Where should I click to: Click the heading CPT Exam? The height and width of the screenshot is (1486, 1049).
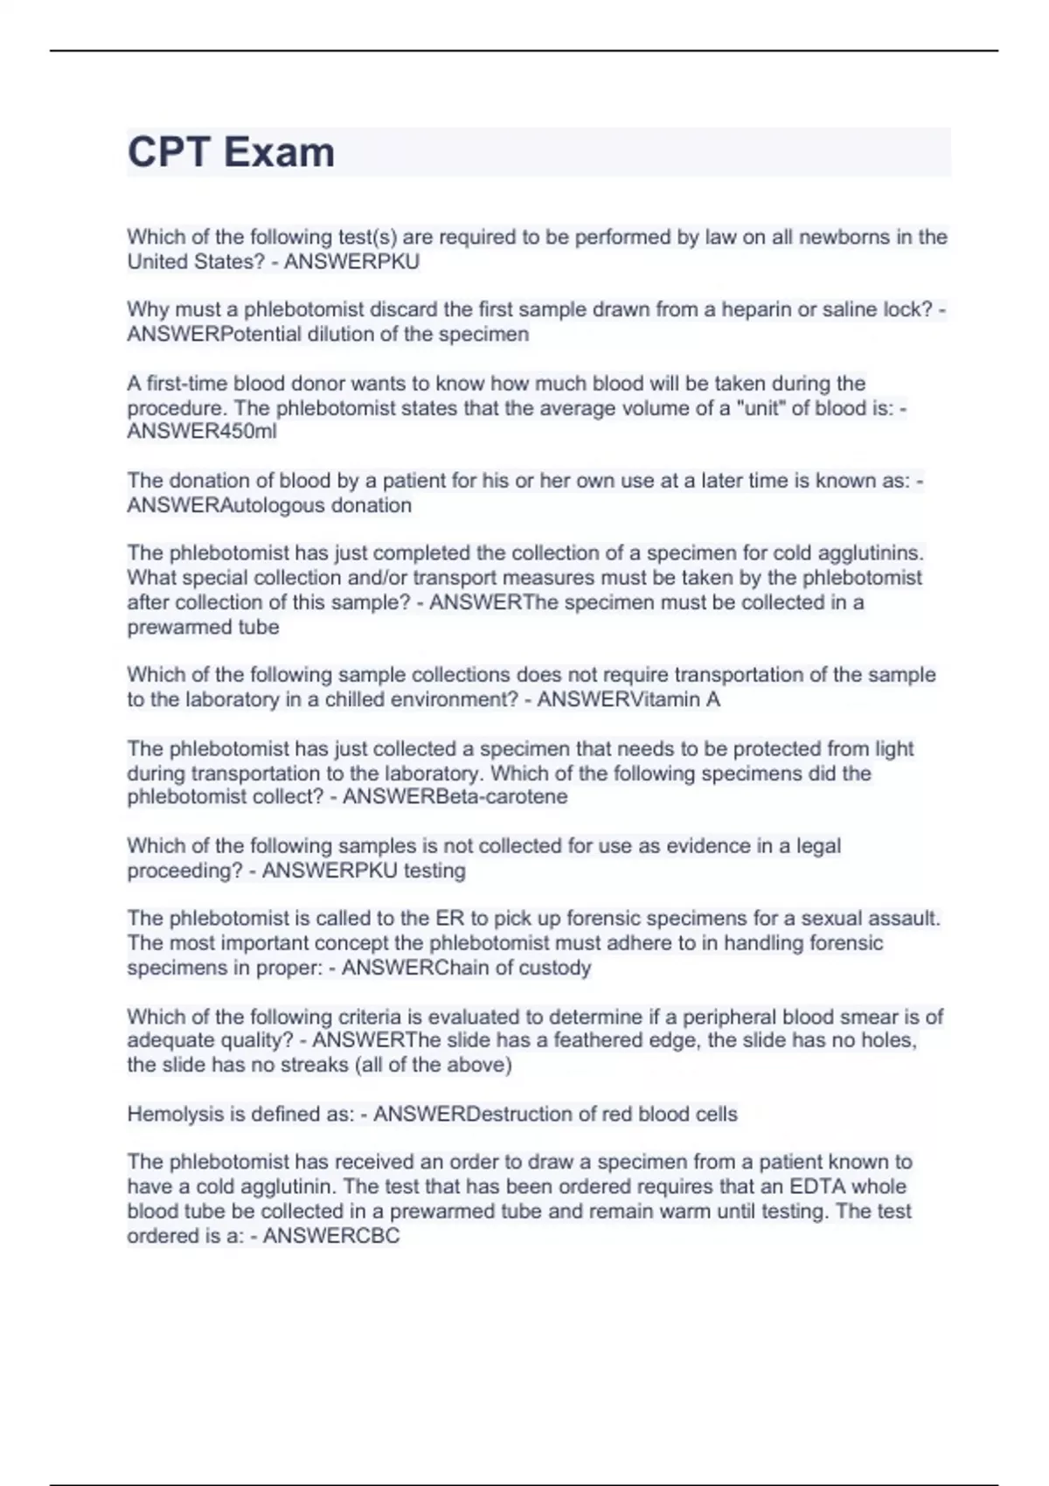pyautogui.click(x=231, y=152)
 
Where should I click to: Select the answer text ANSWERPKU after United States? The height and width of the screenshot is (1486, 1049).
pyautogui.click(x=351, y=261)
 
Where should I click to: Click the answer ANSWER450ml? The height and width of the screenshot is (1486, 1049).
pyautogui.click(x=202, y=431)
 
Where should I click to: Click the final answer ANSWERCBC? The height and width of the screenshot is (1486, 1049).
pyautogui.click(x=331, y=1235)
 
